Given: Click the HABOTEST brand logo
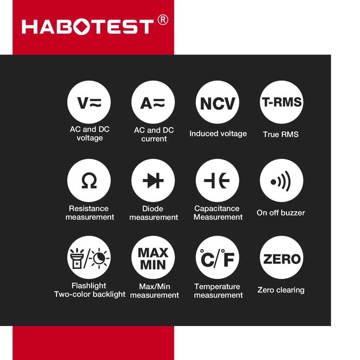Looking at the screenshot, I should pyautogui.click(x=87, y=26).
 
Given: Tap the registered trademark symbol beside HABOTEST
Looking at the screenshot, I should pyautogui.click(x=162, y=20).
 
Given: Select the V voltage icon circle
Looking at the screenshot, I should pyautogui.click(x=89, y=102).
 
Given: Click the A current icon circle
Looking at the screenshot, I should pyautogui.click(x=153, y=102).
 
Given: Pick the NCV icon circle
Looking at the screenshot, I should pyautogui.click(x=218, y=102).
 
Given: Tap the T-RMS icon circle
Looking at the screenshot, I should pyautogui.click(x=281, y=102).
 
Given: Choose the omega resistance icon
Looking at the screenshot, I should pyautogui.click(x=89, y=181).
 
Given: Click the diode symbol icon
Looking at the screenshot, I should pyautogui.click(x=153, y=181).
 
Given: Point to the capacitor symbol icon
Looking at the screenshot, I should pyautogui.click(x=218, y=181).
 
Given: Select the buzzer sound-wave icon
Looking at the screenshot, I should pyautogui.click(x=281, y=181).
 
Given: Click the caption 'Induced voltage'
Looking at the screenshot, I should pyautogui.click(x=218, y=134).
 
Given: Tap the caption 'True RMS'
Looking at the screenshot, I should pyautogui.click(x=281, y=134).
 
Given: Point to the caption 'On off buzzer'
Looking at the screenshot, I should pyautogui.click(x=281, y=212).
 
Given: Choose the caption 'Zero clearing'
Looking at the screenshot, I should pyautogui.click(x=281, y=290).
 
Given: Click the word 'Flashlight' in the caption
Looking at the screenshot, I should pyautogui.click(x=89, y=286).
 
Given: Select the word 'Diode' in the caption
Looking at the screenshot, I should pyautogui.click(x=153, y=209).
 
